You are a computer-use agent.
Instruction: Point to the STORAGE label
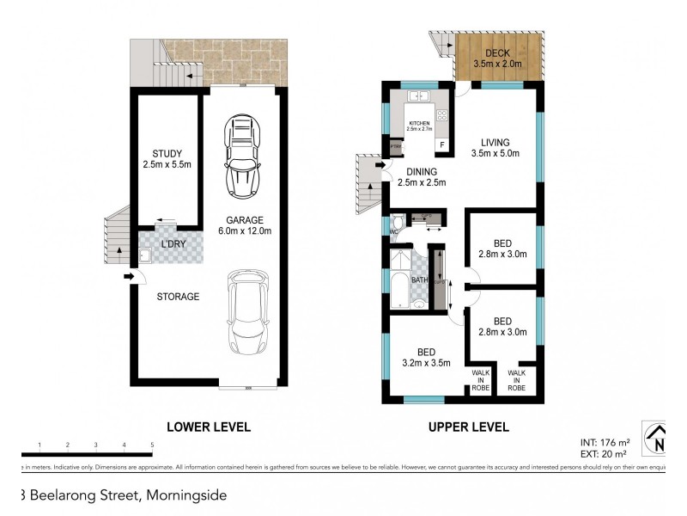pos(178,297)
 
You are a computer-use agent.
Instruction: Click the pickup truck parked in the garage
pos(241,155)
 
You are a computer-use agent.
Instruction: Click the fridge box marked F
pos(441,145)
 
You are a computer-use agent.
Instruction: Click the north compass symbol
pos(658,439)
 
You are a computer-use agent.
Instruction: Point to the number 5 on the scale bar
pos(152,445)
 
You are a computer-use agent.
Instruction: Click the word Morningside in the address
pos(186,494)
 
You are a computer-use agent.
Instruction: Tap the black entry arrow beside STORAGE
pos(128,276)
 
